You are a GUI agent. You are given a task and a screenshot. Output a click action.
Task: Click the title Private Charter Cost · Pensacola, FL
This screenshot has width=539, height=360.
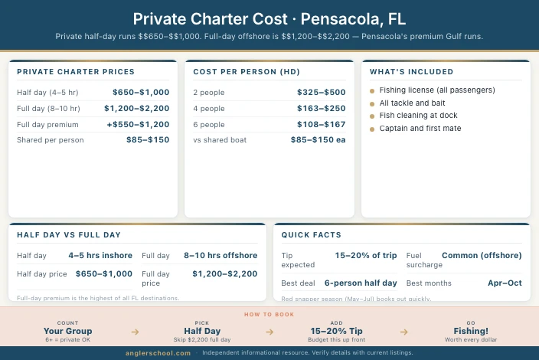click(269, 18)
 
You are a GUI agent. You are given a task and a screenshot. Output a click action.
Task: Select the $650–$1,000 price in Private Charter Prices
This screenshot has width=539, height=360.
click(140, 92)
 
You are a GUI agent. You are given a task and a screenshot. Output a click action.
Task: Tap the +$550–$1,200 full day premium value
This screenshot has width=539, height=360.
click(139, 124)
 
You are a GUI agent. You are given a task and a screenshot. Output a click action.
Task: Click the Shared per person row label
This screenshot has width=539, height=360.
click(51, 140)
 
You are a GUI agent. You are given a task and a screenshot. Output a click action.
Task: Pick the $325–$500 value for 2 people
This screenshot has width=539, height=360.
click(321, 92)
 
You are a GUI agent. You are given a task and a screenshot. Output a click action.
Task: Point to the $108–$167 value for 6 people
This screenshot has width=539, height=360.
click(321, 124)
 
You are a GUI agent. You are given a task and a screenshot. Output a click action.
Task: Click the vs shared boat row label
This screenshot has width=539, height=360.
click(218, 140)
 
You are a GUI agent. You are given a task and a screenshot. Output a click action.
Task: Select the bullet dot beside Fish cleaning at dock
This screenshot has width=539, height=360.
click(372, 116)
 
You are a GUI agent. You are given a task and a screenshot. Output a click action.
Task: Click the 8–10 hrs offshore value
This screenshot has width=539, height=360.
click(220, 255)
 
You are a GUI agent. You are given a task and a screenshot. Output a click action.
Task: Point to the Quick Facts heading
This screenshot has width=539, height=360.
click(312, 235)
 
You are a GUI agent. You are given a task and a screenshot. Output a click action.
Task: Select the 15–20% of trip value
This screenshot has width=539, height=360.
click(366, 255)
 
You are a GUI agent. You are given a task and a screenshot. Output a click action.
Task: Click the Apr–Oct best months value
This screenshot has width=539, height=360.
click(505, 283)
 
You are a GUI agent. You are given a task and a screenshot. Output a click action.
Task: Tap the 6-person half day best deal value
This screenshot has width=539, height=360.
click(361, 283)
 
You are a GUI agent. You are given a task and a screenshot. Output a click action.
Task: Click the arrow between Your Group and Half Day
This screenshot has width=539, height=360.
click(135, 332)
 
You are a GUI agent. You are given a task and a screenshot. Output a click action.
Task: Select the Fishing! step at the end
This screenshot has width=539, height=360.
click(471, 331)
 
